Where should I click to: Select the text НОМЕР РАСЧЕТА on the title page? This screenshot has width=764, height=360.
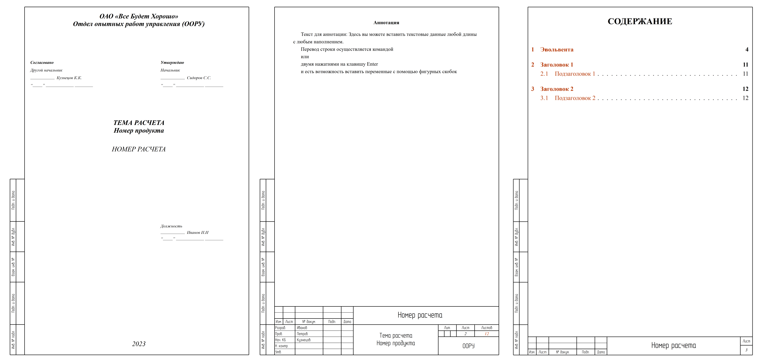(x=139, y=149)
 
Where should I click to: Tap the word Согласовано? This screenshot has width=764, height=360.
(x=42, y=63)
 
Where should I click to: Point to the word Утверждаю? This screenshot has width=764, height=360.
(x=172, y=63)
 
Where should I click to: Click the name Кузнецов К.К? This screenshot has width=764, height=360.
(x=69, y=78)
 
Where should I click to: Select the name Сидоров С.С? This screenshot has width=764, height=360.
(x=199, y=78)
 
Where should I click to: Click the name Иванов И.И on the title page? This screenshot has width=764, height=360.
(x=198, y=232)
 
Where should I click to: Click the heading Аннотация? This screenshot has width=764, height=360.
(x=386, y=23)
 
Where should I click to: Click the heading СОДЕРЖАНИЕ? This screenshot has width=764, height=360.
(x=640, y=21)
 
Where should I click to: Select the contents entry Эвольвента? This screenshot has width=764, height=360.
(x=557, y=49)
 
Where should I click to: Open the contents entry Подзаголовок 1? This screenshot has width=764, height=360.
(x=575, y=74)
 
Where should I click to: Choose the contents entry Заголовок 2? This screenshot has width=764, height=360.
(x=557, y=89)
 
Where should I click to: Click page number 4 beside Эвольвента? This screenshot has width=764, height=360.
(x=747, y=49)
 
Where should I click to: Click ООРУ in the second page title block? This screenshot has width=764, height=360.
(x=468, y=346)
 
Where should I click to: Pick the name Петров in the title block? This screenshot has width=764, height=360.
(x=302, y=334)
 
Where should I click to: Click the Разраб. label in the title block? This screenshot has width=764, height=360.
(x=280, y=328)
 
